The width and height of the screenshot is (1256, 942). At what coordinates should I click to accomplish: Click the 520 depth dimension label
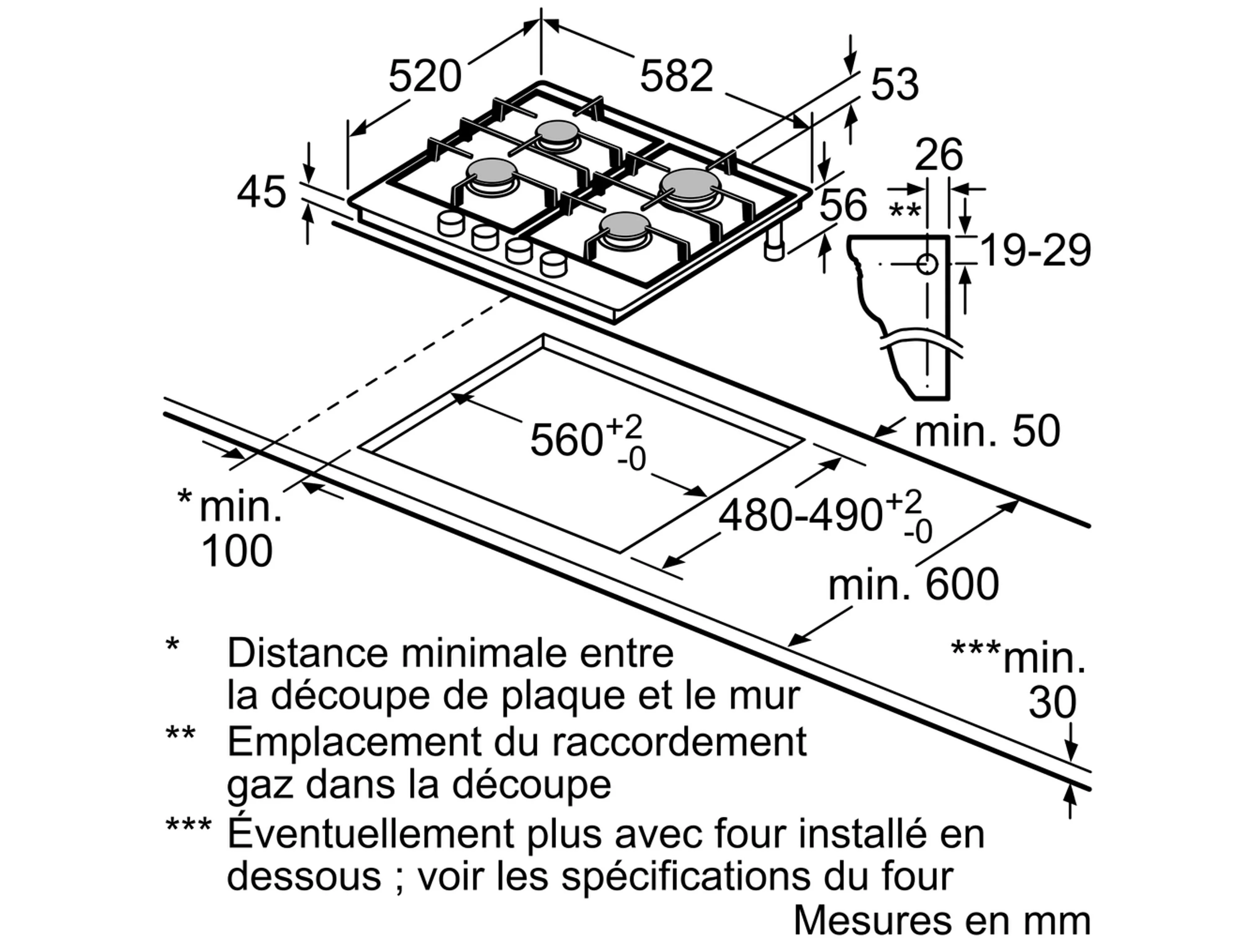click(425, 77)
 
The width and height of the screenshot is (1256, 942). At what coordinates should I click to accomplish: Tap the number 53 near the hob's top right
click(894, 85)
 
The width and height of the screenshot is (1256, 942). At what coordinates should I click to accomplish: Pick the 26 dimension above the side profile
click(939, 154)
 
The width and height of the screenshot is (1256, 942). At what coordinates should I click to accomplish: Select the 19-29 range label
click(1035, 250)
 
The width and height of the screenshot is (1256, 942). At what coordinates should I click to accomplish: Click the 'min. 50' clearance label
click(987, 431)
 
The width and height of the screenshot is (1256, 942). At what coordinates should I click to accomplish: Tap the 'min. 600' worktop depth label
click(913, 584)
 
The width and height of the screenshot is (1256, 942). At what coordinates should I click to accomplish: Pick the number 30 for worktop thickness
click(1052, 703)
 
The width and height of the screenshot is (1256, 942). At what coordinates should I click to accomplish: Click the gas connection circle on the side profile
click(927, 264)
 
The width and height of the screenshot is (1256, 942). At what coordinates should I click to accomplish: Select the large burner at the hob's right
click(690, 185)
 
